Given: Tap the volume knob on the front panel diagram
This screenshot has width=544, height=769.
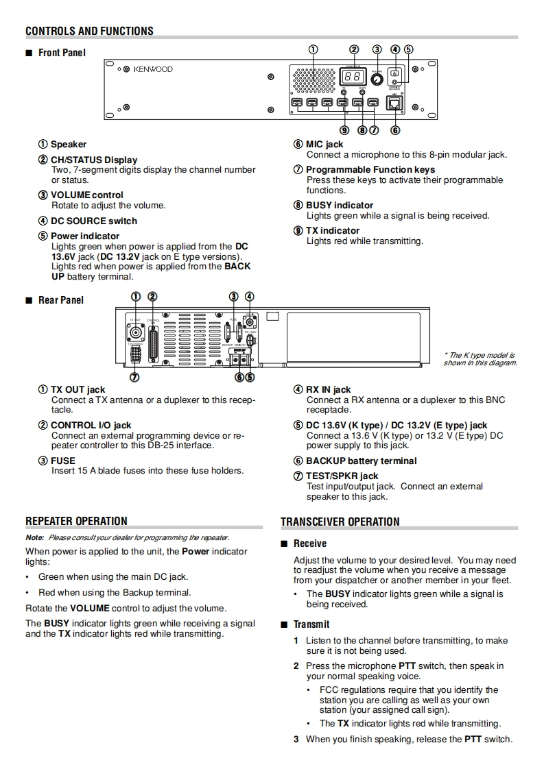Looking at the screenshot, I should click(x=377, y=80).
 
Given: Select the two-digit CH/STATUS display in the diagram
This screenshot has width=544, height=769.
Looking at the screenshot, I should click(x=352, y=77).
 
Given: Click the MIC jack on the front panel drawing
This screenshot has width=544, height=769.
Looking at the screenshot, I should click(x=396, y=103).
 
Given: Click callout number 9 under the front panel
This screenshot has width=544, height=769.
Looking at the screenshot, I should click(x=344, y=130).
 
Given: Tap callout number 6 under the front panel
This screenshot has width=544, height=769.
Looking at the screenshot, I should click(x=395, y=130).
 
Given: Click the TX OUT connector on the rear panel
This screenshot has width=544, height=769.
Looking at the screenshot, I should click(x=136, y=333).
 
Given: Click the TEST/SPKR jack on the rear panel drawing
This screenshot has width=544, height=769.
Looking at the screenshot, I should click(x=136, y=354).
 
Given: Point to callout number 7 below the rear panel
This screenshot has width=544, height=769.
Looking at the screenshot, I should click(x=135, y=376).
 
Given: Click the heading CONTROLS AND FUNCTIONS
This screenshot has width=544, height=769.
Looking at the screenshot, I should click(x=89, y=31).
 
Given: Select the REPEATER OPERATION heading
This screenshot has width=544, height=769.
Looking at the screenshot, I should click(x=76, y=521).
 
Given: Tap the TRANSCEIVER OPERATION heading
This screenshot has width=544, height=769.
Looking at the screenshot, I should click(x=340, y=522).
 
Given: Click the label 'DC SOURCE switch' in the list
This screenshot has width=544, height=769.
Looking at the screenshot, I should click(x=93, y=221).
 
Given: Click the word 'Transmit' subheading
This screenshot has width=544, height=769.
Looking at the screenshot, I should click(x=311, y=624).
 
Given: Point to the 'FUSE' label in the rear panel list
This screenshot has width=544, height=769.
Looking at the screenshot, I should click(x=63, y=461).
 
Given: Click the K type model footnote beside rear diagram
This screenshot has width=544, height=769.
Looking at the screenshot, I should click(x=480, y=359).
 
